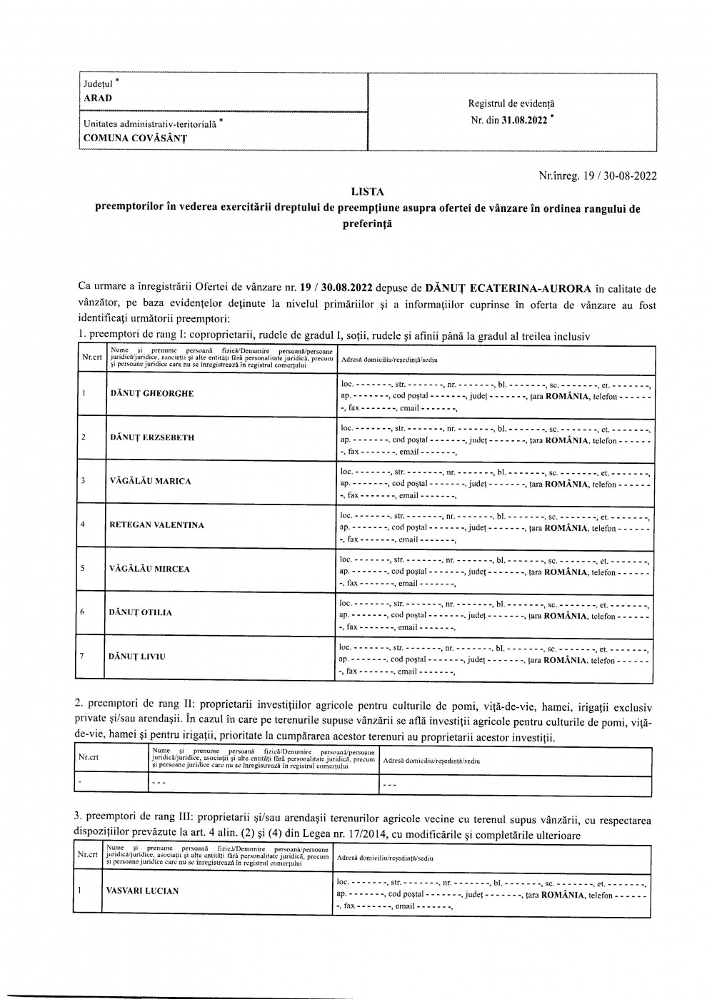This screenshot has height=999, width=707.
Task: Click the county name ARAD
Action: [98, 98]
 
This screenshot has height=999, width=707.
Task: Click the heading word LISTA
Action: [367, 191]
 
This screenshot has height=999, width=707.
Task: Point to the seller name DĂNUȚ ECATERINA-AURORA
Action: [508, 289]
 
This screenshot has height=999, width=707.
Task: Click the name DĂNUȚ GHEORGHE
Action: [152, 394]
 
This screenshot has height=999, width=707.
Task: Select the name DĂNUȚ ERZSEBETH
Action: [152, 437]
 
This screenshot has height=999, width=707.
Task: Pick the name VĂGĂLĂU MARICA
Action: [151, 481]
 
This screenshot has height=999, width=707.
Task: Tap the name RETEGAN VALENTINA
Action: [156, 525]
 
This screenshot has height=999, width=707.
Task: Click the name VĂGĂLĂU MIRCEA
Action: [150, 569]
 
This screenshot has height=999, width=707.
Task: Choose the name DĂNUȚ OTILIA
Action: [141, 612]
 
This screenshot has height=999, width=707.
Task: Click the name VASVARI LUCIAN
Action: [142, 891]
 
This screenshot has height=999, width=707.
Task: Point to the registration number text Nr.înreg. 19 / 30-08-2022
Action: [598, 174]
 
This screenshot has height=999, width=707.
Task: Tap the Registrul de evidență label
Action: [511, 104]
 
